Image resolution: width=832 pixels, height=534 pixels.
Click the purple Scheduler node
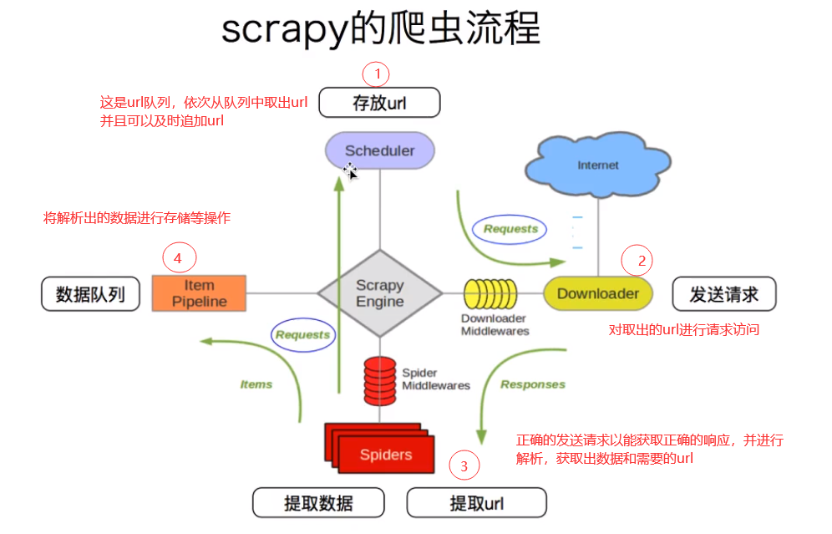click(x=380, y=151)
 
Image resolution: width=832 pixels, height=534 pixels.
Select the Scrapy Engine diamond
click(x=380, y=293)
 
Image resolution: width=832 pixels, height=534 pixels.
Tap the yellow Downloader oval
click(x=597, y=293)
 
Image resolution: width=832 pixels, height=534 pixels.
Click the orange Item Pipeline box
click(x=200, y=293)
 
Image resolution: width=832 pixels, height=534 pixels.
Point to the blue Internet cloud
click(x=597, y=165)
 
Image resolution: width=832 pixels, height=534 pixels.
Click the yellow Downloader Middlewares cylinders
click(x=490, y=293)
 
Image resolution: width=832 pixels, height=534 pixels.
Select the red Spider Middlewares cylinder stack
click(x=380, y=379)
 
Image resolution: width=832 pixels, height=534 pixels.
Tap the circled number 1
click(x=377, y=74)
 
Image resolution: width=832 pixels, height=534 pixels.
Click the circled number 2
click(x=642, y=261)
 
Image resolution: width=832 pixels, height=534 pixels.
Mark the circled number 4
click(x=178, y=258)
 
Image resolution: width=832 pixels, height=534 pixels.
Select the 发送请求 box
click(x=723, y=294)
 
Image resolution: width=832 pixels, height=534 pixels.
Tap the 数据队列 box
click(x=90, y=294)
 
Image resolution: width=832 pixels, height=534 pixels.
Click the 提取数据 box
click(x=318, y=503)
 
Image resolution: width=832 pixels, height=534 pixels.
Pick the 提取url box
click(x=476, y=503)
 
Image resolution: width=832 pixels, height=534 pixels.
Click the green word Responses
click(x=532, y=384)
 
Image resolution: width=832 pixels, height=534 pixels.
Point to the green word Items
click(x=256, y=384)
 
